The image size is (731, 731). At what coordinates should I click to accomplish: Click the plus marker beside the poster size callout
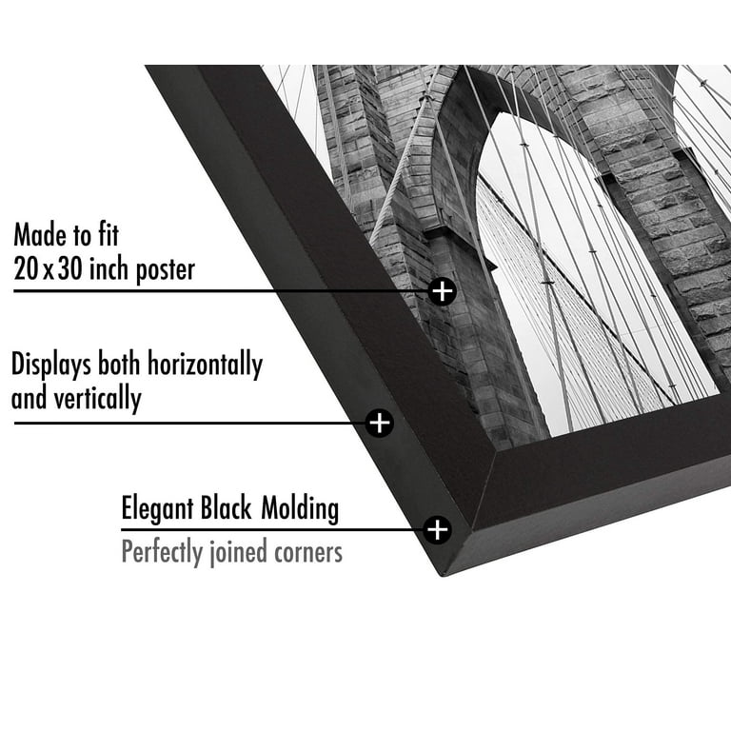pyautogui.click(x=442, y=291)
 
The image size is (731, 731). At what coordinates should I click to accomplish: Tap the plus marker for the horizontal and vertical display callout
pyautogui.click(x=380, y=423)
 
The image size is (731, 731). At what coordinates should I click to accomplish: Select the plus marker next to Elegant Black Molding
pyautogui.click(x=437, y=529)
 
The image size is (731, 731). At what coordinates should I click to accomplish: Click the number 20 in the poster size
pyautogui.click(x=26, y=269)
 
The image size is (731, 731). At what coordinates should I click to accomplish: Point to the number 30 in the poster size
pyautogui.click(x=69, y=269)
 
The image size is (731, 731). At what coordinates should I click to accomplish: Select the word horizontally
pyautogui.click(x=206, y=365)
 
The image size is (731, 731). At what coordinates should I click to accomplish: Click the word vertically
pyautogui.click(x=97, y=399)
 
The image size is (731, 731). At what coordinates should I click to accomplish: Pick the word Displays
pyautogui.click(x=51, y=365)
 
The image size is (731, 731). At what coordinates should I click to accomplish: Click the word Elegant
pyautogui.click(x=158, y=508)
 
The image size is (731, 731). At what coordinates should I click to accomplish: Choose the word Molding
pyautogui.click(x=300, y=508)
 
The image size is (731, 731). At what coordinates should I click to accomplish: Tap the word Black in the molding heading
pyautogui.click(x=227, y=507)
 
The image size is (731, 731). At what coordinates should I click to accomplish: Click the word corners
pyautogui.click(x=308, y=553)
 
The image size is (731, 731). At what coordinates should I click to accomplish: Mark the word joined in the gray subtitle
pyautogui.click(x=237, y=552)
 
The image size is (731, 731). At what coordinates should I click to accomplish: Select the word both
pyautogui.click(x=120, y=364)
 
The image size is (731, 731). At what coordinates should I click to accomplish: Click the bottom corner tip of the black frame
pyautogui.click(x=442, y=576)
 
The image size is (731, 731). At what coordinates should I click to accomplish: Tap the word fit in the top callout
pyautogui.click(x=109, y=234)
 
